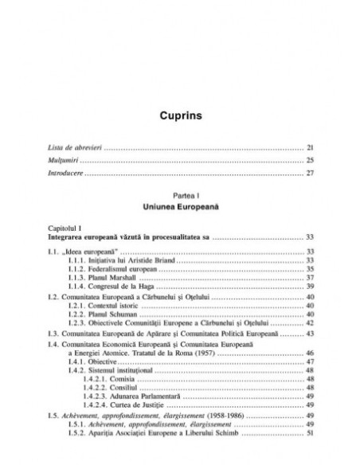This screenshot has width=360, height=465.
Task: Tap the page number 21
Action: click(x=311, y=148)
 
